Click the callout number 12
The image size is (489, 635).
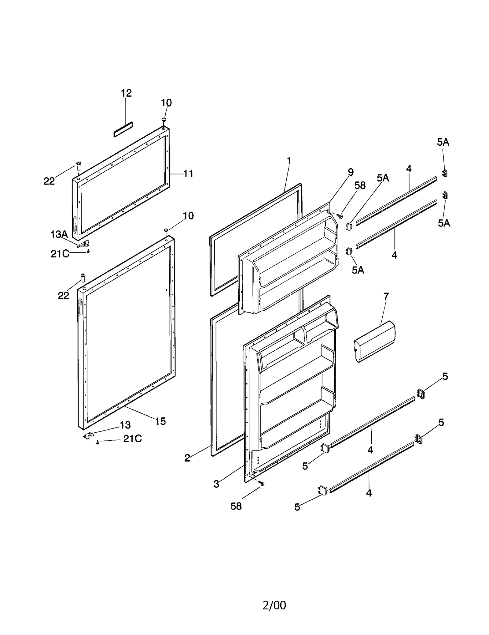coord(126,93)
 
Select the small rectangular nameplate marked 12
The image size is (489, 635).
coord(123,129)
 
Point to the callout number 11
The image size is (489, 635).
coord(188,174)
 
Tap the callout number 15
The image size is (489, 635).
coord(160,421)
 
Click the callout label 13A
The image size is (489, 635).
coord(59,235)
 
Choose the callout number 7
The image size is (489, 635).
coord(386,296)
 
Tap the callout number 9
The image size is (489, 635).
coord(351,172)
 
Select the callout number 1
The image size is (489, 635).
coord(289,161)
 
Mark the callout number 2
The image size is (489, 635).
coord(187,458)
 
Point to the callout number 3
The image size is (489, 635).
coord(216,484)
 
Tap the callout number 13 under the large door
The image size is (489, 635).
coord(125,425)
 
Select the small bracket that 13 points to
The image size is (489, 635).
coord(88,435)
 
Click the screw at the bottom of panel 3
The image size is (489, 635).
coord(262,483)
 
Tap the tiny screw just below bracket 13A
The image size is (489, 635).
coord(88,251)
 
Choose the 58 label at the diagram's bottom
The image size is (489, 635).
coord(236,506)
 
